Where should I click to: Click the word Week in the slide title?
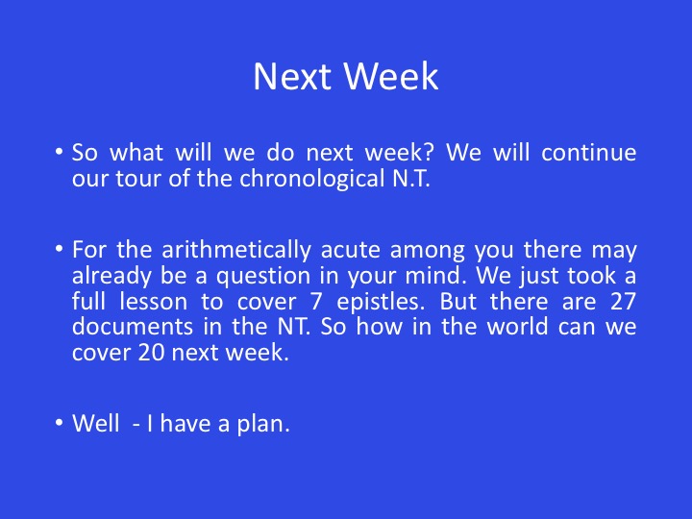[391, 76]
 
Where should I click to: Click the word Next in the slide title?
[292, 76]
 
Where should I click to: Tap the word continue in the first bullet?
[589, 152]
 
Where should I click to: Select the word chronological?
[312, 179]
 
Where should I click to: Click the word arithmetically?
[236, 250]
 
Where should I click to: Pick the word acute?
[351, 250]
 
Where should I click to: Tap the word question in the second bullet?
[263, 276]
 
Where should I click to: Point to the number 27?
[623, 302]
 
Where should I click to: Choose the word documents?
[133, 327]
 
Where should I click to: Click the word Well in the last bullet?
[96, 424]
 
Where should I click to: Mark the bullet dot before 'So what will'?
[60, 152]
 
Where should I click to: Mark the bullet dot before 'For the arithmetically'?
[60, 249]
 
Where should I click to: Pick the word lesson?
[154, 302]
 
